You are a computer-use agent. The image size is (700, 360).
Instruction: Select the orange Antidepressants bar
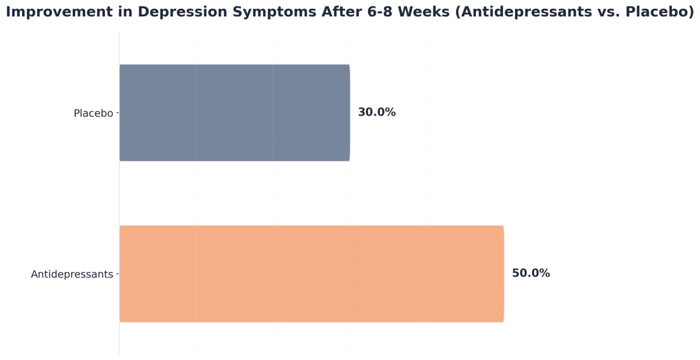311,274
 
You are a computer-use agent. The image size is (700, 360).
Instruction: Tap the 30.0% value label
376,113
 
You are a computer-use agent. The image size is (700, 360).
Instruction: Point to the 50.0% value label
531,274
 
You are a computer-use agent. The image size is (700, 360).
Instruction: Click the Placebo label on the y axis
93,113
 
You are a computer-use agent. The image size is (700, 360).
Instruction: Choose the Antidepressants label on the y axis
72,274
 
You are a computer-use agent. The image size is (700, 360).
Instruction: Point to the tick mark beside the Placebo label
118,113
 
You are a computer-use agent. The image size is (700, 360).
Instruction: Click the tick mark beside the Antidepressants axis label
118,274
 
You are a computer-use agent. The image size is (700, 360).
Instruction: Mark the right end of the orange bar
503,274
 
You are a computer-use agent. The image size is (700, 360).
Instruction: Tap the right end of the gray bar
349,113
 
